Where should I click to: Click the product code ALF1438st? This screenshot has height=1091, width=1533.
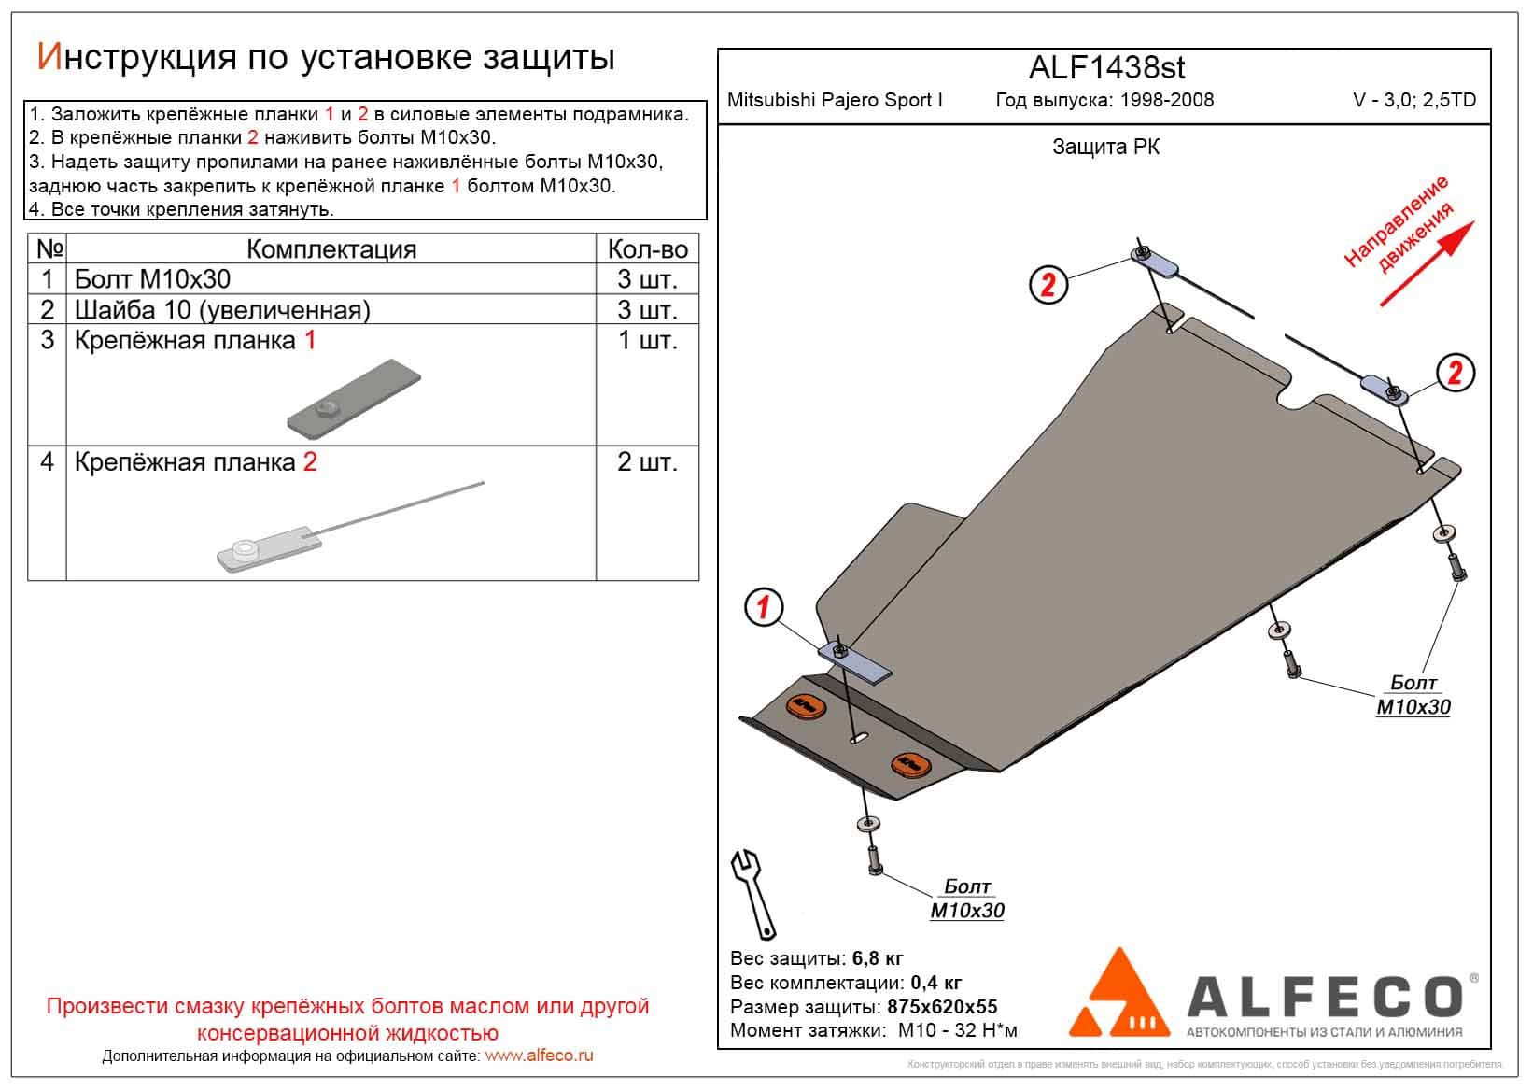coord(1106,67)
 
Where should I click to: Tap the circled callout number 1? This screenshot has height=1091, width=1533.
coord(764,608)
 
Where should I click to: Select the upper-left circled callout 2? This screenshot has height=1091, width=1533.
coord(1048,283)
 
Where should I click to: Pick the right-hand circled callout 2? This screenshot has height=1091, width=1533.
coord(1455,373)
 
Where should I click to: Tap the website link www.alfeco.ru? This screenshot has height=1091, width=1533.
coord(539,1056)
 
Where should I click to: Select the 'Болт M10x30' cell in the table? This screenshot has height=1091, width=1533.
coord(152,279)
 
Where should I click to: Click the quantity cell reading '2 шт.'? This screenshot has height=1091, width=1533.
coord(647,462)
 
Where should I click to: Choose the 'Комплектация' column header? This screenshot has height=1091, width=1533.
coord(331,249)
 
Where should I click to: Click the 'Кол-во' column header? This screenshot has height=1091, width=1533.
coord(647,249)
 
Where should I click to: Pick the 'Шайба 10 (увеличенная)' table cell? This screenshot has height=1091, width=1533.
coord(222,310)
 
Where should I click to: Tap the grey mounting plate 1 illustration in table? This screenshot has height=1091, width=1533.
coord(355,399)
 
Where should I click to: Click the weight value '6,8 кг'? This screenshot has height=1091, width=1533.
coord(877,958)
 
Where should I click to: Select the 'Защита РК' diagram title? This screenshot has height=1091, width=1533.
coord(1105,147)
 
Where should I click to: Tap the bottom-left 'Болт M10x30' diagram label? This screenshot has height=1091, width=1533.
coord(967,899)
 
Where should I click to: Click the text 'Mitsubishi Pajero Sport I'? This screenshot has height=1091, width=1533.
coord(835,100)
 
